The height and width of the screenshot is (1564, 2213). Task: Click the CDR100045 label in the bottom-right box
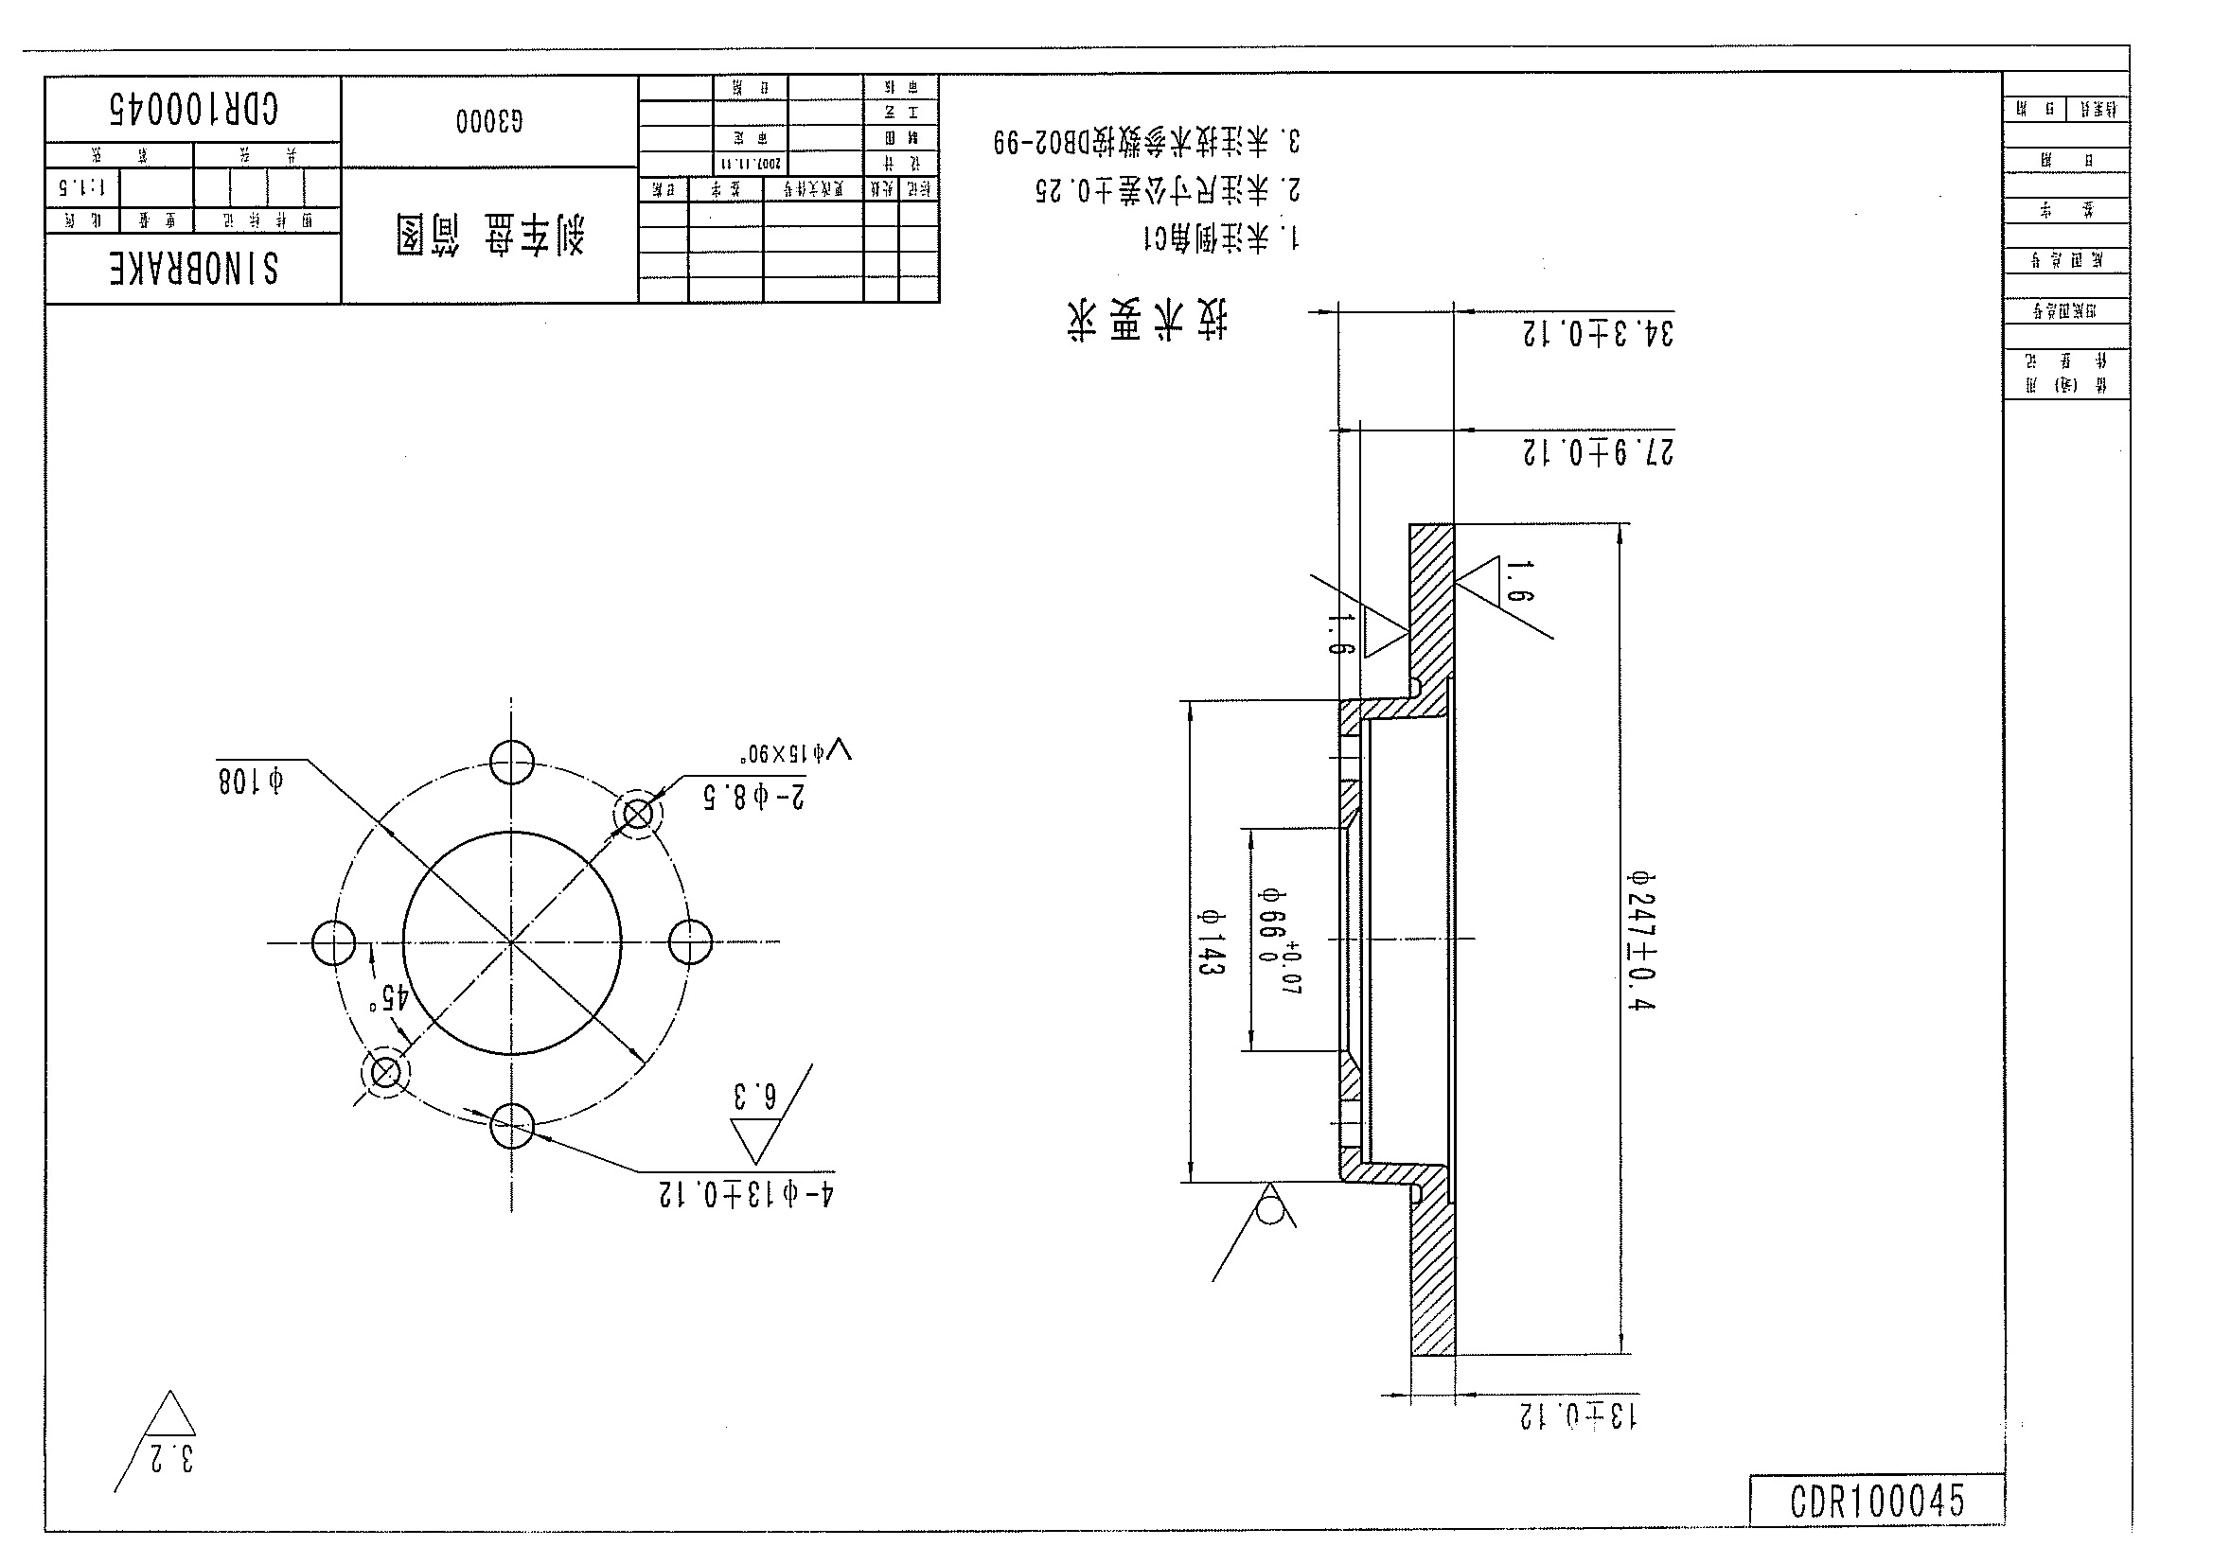[1876, 1501]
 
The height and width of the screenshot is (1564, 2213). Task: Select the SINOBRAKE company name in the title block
[194, 270]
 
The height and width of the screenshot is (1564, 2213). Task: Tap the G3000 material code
[489, 121]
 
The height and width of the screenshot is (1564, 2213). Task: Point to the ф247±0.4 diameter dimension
[1640, 940]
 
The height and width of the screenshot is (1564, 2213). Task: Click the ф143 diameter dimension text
[1211, 941]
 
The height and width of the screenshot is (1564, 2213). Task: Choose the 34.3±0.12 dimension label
[1597, 333]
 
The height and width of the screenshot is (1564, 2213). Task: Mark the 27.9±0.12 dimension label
[1597, 451]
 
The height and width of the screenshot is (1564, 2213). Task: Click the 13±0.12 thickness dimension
[1577, 1415]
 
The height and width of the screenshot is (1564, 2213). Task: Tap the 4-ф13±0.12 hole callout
[745, 1195]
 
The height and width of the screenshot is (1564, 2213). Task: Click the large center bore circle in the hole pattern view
[512, 941]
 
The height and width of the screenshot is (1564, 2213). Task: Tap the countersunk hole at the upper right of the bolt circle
[638, 815]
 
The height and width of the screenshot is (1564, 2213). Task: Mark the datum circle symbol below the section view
[1270, 1208]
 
